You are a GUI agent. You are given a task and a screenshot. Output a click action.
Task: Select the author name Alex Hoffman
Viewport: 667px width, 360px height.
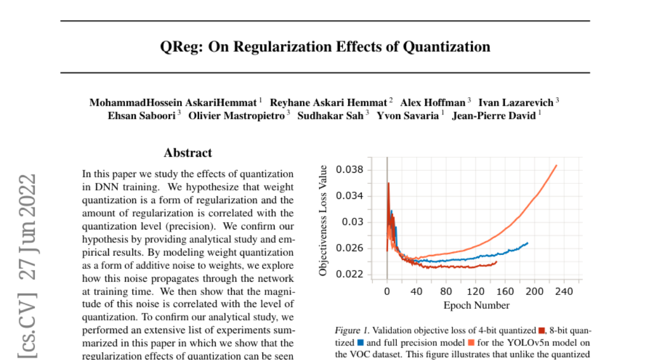pyautogui.click(x=433, y=102)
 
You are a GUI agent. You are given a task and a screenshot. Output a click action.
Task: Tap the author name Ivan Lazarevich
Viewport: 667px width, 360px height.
pyautogui.click(x=516, y=102)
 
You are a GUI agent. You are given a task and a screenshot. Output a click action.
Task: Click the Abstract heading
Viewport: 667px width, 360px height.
pyautogui.click(x=188, y=153)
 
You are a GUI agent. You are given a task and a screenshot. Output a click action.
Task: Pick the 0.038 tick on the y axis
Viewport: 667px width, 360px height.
pyautogui.click(x=351, y=169)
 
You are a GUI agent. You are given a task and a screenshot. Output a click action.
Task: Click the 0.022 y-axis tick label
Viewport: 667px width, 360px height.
pyautogui.click(x=351, y=274)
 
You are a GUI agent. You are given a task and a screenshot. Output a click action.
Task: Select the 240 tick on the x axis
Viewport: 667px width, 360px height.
pyautogui.click(x=564, y=292)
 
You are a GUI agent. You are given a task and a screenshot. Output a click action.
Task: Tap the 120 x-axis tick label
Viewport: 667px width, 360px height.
pyautogui.click(x=475, y=292)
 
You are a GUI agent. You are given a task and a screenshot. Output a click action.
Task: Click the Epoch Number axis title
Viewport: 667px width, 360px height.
pyautogui.click(x=476, y=305)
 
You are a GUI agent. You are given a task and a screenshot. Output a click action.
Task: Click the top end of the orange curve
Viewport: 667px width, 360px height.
pyautogui.click(x=556, y=165)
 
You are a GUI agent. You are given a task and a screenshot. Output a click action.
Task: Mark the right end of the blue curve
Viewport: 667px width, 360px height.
pyautogui.click(x=527, y=243)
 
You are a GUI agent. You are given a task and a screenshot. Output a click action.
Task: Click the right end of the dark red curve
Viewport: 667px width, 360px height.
pyautogui.click(x=496, y=262)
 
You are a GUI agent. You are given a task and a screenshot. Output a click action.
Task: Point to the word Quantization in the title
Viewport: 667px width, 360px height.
pyautogui.click(x=446, y=47)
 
